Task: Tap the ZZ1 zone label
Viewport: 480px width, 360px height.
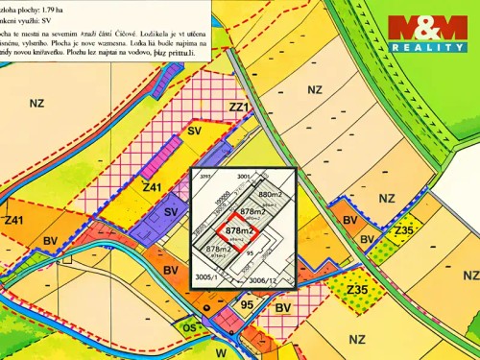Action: [239, 107]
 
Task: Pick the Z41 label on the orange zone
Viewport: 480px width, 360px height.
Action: [13, 221]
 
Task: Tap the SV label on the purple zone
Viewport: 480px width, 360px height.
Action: [171, 211]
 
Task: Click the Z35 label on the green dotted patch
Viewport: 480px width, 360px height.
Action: [404, 229]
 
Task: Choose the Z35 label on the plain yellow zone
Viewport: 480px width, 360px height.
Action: [359, 290]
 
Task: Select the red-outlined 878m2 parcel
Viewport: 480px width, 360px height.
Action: [239, 230]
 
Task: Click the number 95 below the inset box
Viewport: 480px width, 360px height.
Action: [247, 306]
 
